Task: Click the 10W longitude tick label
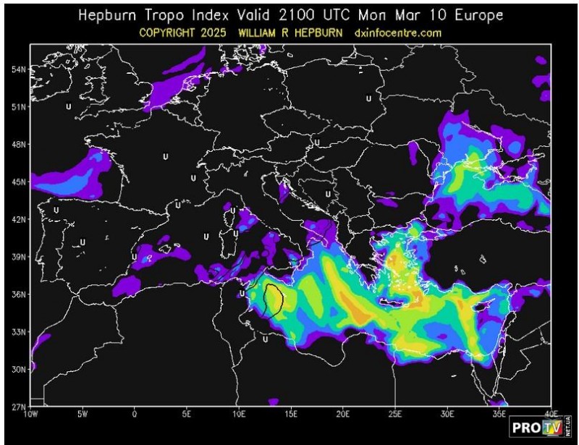(30, 415)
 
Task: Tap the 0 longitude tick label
(135, 415)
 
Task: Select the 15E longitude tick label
(291, 415)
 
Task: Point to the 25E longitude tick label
(395, 415)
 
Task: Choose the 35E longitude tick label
(499, 415)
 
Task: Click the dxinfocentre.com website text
(399, 33)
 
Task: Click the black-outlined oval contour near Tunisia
(273, 299)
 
